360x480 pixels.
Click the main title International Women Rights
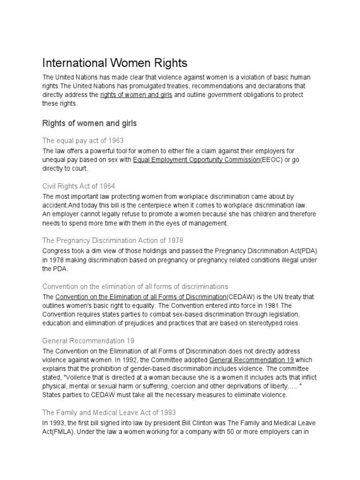click(115, 63)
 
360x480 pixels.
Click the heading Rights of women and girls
click(90, 123)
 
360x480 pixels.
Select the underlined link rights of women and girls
click(136, 95)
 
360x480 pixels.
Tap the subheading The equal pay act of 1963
click(83, 140)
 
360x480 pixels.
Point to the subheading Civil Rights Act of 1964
click(79, 186)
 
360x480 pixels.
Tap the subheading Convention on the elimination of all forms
click(135, 286)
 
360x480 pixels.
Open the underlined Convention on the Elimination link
click(141, 297)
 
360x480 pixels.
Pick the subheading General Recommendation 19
click(89, 341)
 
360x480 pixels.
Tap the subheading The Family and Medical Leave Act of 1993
click(109, 412)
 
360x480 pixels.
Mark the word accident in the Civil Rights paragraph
click(56, 205)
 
